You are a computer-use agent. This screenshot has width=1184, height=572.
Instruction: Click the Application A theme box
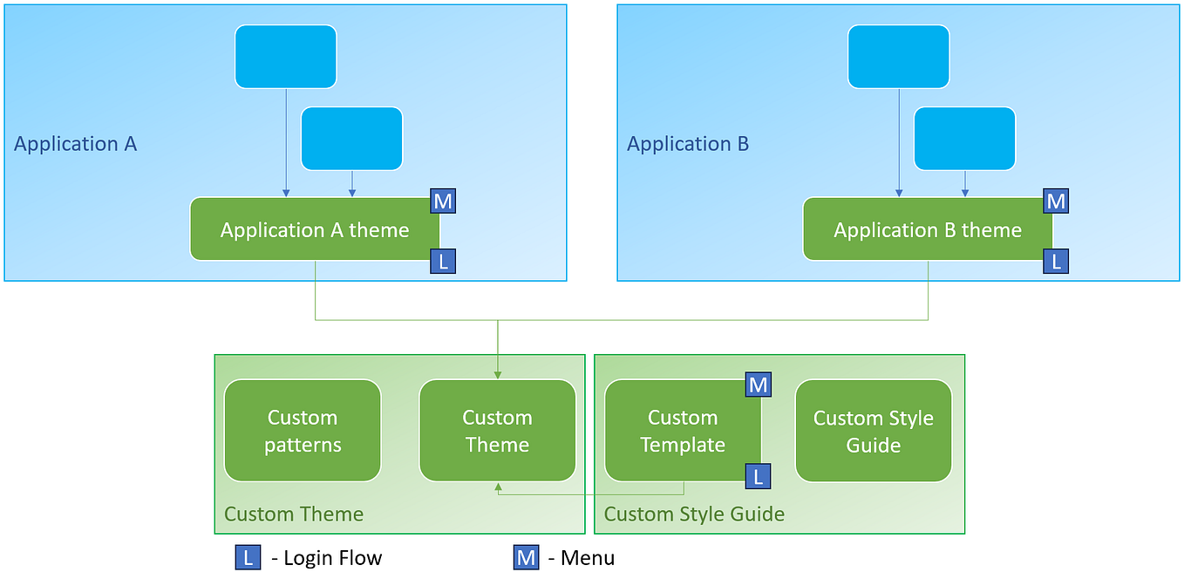(315, 229)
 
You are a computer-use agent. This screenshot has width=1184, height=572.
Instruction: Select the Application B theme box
(928, 229)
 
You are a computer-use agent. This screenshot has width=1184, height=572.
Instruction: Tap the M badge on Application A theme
(443, 201)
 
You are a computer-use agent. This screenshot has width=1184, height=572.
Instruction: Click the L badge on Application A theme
(443, 261)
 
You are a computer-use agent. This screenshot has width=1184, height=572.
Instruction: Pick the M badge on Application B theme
(1056, 201)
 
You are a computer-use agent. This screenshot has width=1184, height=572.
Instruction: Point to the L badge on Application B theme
(1056, 261)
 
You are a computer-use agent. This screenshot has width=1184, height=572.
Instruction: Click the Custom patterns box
(303, 431)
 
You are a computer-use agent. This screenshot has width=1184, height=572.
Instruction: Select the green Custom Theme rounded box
(497, 431)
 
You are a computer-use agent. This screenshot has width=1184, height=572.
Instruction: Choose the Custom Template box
(682, 431)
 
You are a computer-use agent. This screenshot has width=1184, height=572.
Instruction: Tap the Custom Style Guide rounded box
(873, 431)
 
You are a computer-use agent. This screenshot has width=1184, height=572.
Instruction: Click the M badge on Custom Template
(758, 384)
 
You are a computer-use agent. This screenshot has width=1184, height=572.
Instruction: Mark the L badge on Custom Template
(758, 476)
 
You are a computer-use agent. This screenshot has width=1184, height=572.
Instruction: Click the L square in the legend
(248, 558)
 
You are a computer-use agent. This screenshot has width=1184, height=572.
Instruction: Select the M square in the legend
(526, 558)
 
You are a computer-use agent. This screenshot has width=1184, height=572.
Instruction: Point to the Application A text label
(76, 144)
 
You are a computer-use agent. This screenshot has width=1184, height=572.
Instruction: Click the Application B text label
(688, 144)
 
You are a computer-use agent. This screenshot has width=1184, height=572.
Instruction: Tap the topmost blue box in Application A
(285, 57)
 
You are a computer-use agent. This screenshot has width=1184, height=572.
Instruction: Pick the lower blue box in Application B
(964, 139)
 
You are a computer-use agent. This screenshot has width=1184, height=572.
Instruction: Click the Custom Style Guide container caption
(694, 514)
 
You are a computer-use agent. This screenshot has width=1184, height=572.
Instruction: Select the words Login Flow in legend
(332, 558)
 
